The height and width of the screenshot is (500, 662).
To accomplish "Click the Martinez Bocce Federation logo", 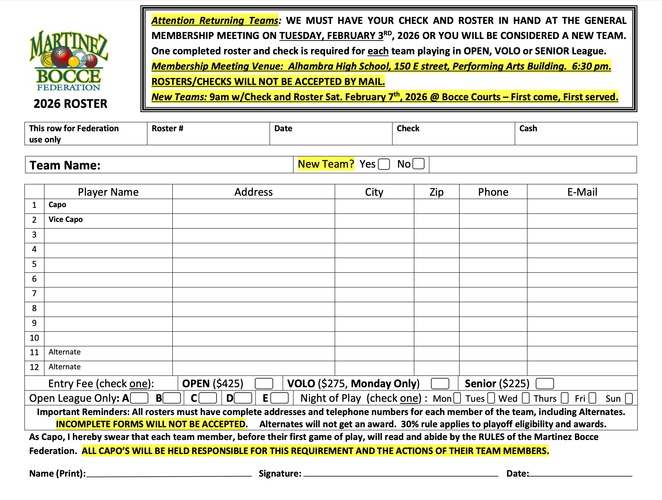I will click(69, 61).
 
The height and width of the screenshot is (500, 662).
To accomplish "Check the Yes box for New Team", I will click(384, 164).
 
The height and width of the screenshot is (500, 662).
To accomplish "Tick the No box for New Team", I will click(418, 164).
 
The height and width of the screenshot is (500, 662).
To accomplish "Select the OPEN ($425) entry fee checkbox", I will click(264, 383).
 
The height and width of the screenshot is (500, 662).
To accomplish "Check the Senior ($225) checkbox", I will click(544, 383).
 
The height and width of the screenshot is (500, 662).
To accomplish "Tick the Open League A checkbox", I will click(139, 398).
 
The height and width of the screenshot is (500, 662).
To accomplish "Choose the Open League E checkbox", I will click(279, 398).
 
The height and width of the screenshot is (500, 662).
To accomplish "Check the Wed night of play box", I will click(526, 398).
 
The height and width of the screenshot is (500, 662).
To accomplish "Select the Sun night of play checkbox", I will click(629, 398).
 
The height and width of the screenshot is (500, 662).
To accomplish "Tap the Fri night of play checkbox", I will click(592, 398).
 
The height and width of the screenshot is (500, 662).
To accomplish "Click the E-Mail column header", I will click(582, 192).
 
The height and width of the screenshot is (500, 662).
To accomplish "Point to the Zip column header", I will click(436, 192).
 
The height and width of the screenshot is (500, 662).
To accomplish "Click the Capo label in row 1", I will click(58, 205).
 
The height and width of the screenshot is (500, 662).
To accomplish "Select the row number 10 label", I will click(34, 338).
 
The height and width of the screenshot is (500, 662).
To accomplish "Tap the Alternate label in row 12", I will click(65, 367).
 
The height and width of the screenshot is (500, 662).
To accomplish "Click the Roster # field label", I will click(167, 129).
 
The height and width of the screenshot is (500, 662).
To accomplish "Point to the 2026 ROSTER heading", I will click(70, 104).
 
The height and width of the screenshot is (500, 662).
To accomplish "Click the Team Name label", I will click(65, 165).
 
